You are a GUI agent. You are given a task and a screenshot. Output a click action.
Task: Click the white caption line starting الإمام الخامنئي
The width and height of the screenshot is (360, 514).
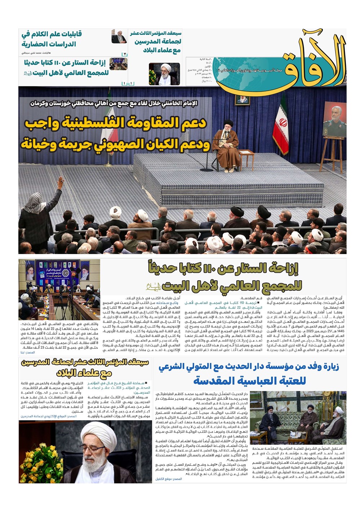click(x=114, y=104)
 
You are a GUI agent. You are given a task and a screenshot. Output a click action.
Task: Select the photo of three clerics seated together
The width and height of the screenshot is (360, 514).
click(x=298, y=418)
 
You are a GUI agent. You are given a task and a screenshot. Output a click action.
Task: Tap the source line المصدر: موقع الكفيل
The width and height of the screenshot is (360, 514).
click(x=169, y=479)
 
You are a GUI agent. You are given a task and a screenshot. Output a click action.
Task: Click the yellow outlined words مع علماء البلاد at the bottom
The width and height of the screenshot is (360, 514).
click(x=84, y=373)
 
